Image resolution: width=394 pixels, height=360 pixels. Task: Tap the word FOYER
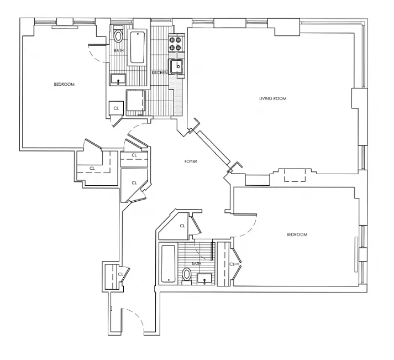pyautogui.click(x=191, y=161)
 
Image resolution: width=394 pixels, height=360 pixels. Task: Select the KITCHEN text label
pyautogui.click(x=160, y=72)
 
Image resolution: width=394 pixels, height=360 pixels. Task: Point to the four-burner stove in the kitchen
pyautogui.click(x=175, y=43)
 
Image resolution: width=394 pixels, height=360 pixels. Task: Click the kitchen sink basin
pyautogui.click(x=177, y=67)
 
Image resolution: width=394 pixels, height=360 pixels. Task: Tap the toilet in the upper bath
pyautogui.click(x=118, y=37)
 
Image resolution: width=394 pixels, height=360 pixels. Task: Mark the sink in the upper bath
pyautogui.click(x=118, y=80)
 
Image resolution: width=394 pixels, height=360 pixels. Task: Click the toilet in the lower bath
pyautogui.click(x=187, y=274)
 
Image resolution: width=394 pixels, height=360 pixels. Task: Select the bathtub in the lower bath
pyautogui.click(x=168, y=264)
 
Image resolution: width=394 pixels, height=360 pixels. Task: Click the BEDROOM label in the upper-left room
pyautogui.click(x=64, y=84)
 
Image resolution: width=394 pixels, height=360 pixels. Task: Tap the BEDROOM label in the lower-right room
pyautogui.click(x=297, y=234)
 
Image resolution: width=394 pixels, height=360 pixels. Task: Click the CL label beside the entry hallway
pyautogui.click(x=120, y=273)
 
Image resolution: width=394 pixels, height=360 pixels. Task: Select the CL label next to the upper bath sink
pyautogui.click(x=116, y=108)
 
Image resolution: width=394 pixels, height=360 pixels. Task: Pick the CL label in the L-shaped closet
pyautogui.click(x=92, y=168)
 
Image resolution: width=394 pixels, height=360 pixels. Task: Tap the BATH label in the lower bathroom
pyautogui.click(x=196, y=264)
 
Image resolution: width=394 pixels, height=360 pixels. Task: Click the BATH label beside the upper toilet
pyautogui.click(x=118, y=51)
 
